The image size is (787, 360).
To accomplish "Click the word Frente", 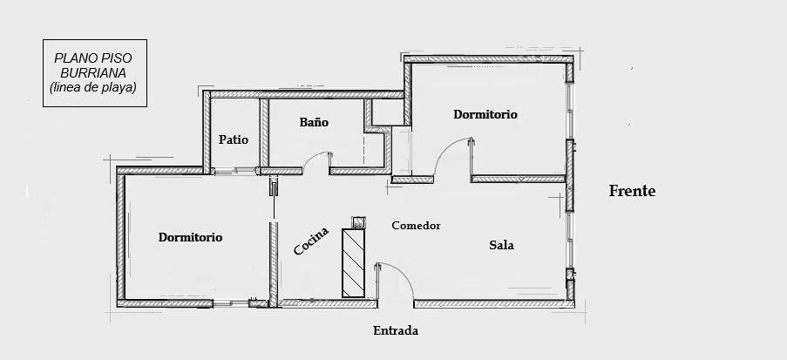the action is (632, 191).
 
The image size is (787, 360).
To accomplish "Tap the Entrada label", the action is (396, 331).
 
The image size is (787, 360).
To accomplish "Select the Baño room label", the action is (315, 122).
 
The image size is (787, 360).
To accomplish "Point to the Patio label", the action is (234, 139).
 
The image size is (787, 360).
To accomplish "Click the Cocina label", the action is (311, 241).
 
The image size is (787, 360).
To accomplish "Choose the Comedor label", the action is (416, 226).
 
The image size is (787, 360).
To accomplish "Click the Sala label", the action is (501, 245).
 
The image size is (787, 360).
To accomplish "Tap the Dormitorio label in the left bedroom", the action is (190, 237).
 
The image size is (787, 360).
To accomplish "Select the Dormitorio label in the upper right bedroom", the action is (485, 114).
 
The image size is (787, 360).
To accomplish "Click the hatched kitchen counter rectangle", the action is (353, 263).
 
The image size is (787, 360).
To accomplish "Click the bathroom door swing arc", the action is (313, 157).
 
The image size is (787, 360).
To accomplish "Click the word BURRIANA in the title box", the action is (94, 73).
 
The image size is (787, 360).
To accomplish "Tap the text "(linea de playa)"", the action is (93, 87).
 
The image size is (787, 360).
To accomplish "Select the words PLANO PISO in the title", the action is (93, 58).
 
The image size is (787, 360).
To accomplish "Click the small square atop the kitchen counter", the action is (358, 222).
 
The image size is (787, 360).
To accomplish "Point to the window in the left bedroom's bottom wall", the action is (230, 303).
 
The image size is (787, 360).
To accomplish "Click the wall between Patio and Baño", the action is (264, 132).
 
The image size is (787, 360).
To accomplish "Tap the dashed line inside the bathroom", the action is (364, 149).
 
